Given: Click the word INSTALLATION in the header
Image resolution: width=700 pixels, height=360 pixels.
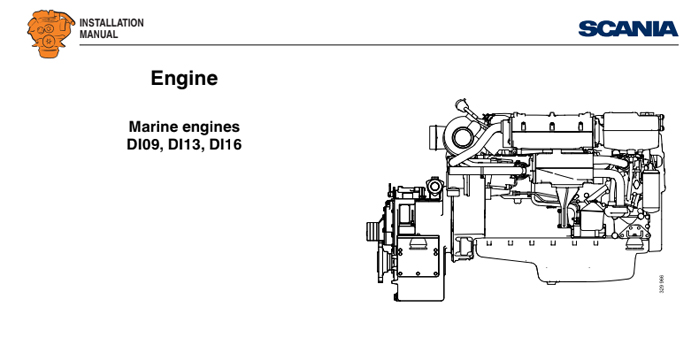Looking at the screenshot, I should tap(111, 22).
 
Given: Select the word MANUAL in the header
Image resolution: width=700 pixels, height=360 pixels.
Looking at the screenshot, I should tap(99, 35).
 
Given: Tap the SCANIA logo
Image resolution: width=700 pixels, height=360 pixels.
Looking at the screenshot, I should tap(626, 28).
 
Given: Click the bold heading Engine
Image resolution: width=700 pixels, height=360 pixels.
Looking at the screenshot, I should tap(184, 78).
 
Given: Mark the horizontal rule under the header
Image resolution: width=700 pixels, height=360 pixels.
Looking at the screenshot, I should tap(380, 45).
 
